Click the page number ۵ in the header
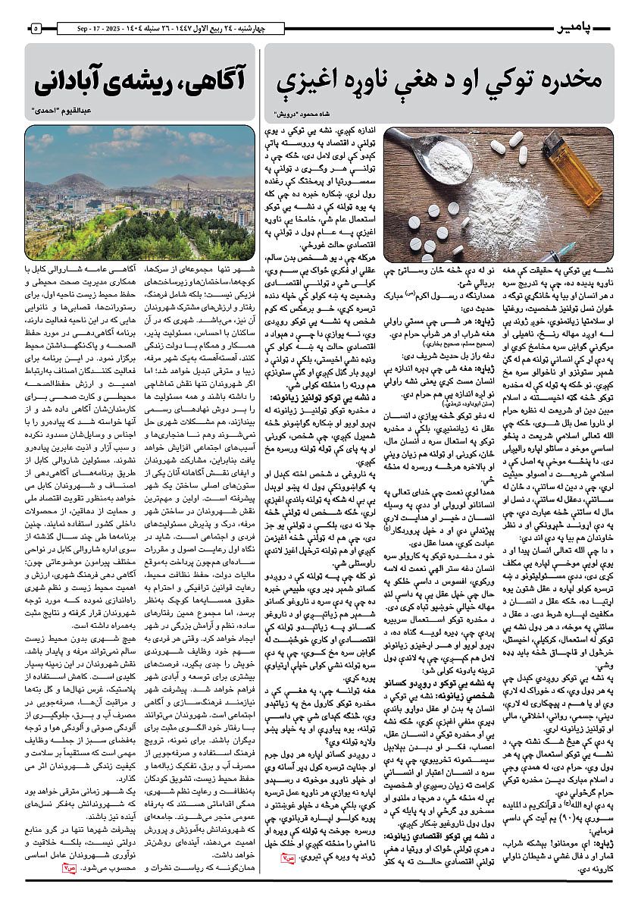(35, 29)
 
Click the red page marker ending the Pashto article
(285, 859)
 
